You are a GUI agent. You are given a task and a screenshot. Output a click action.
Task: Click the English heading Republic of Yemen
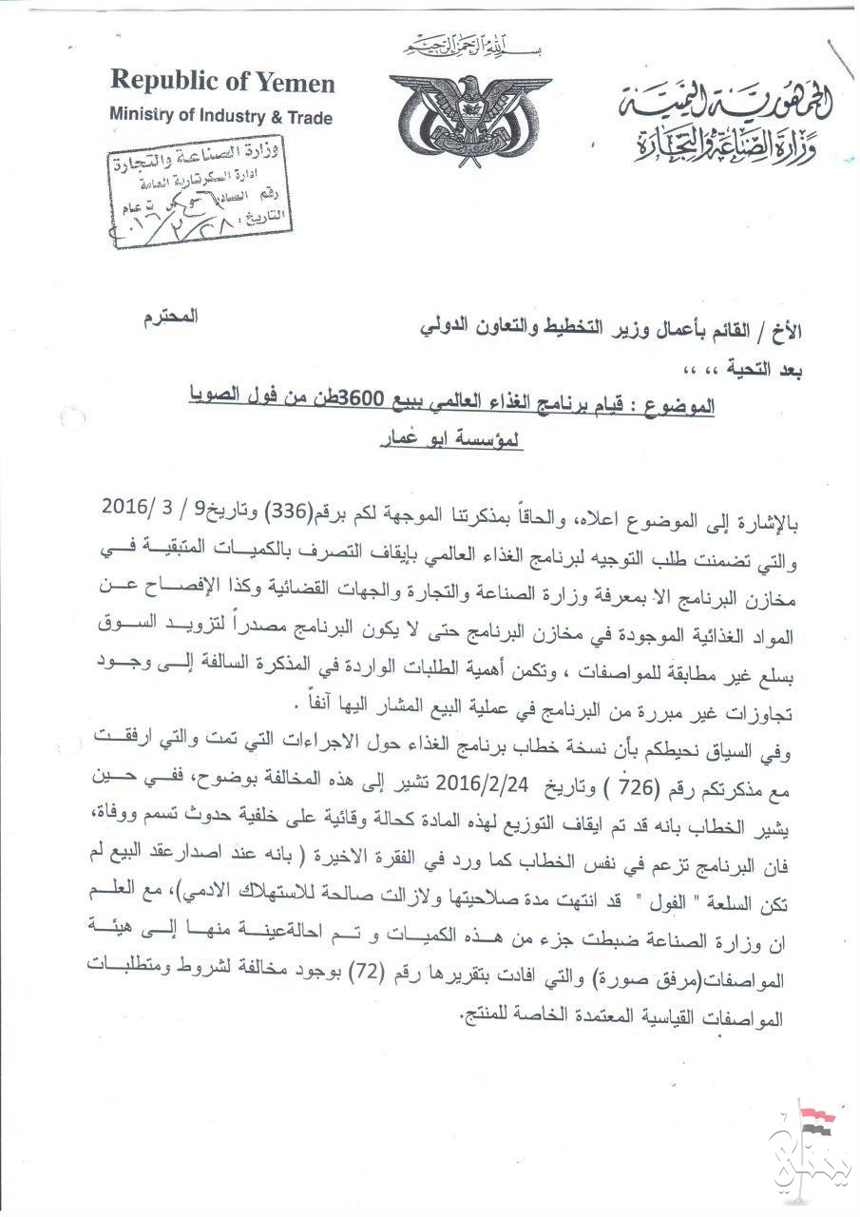coord(222,84)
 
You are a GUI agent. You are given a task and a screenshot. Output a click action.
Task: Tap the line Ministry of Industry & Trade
coord(220,117)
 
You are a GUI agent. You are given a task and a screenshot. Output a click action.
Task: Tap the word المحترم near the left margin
coord(175,315)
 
